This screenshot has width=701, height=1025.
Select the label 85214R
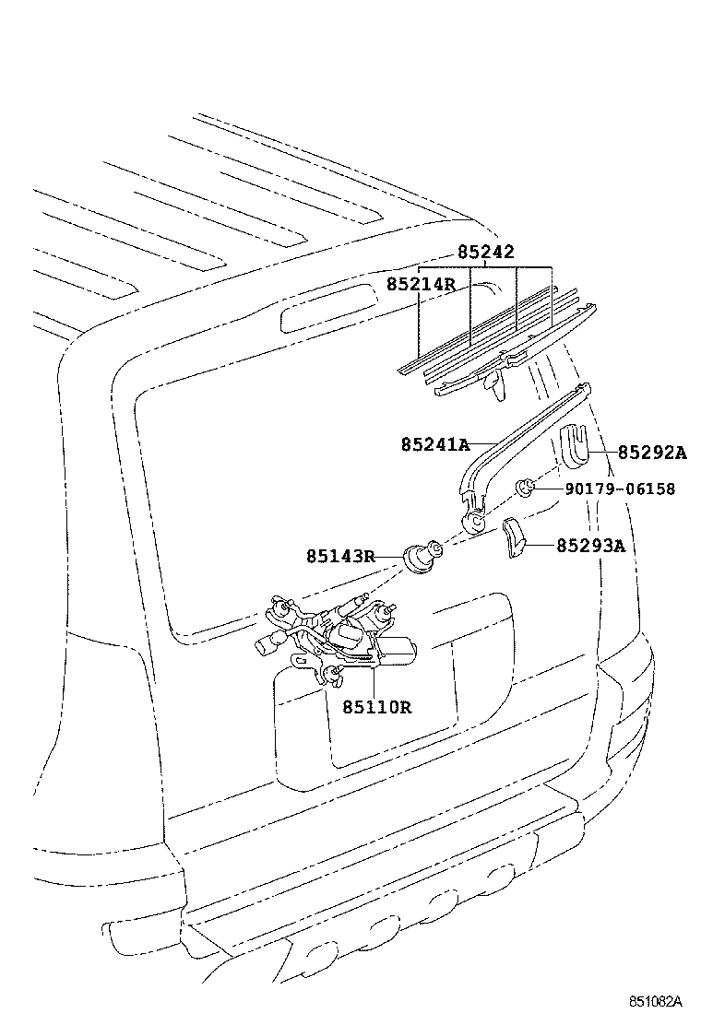click(x=422, y=284)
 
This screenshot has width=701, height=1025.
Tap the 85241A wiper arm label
click(x=435, y=444)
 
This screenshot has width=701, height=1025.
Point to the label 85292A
click(x=652, y=453)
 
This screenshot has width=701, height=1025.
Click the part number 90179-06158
click(x=621, y=489)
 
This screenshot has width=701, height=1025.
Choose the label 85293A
click(x=590, y=546)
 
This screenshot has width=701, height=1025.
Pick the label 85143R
click(x=341, y=556)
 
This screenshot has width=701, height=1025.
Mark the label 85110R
click(x=376, y=707)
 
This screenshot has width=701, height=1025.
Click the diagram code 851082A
click(x=655, y=1001)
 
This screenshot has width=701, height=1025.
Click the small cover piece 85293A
click(x=513, y=537)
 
